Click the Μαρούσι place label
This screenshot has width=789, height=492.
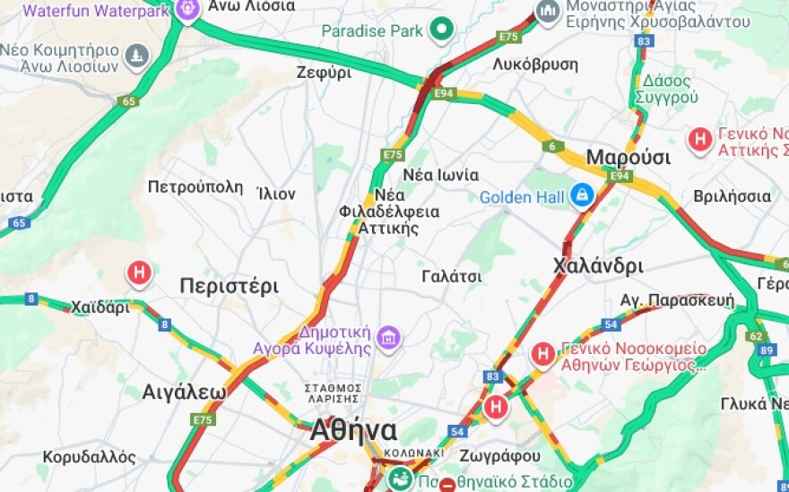tap(628, 158)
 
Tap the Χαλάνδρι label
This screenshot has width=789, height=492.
tap(598, 266)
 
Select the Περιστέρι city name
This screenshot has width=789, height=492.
tap(229, 287)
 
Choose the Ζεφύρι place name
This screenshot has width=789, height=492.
tap(324, 73)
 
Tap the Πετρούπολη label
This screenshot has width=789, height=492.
tap(195, 187)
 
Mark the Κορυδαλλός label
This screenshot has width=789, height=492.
tap(89, 457)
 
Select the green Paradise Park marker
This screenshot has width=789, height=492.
tap(441, 31)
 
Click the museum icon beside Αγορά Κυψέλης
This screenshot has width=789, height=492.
tap(388, 338)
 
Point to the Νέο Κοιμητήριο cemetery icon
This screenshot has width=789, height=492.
tap(136, 57)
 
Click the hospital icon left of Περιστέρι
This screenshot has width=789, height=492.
tap(139, 272)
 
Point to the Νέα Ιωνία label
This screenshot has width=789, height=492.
tap(441, 175)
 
